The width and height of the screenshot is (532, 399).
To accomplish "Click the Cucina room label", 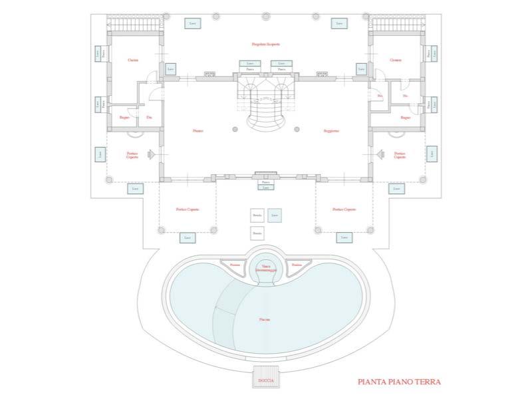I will click(x=133, y=60).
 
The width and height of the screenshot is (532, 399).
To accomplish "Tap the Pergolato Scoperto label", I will click(x=265, y=45).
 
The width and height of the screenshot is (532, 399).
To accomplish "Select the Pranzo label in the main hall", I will click(x=198, y=131).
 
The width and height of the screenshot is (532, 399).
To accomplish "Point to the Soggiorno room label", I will click(x=332, y=131).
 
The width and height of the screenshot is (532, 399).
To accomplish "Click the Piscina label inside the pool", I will click(x=265, y=320).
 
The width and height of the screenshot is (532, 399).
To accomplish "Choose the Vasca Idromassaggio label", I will click(x=265, y=268).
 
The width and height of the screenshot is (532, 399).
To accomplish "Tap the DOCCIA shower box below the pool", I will click(x=266, y=380).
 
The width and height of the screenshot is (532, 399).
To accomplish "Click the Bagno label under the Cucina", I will click(x=124, y=118).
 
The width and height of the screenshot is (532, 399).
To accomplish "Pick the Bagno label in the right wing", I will click(x=406, y=118).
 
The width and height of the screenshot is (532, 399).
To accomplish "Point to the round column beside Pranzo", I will click(x=233, y=131).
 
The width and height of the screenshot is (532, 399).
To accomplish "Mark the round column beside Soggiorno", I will click(x=297, y=131).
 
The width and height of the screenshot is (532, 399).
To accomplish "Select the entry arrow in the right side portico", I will click(x=380, y=154).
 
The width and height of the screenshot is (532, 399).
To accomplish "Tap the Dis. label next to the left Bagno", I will click(x=149, y=118).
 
